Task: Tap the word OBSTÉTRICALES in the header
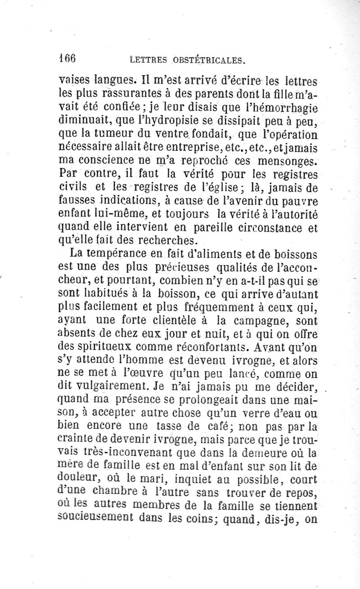click(211, 59)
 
